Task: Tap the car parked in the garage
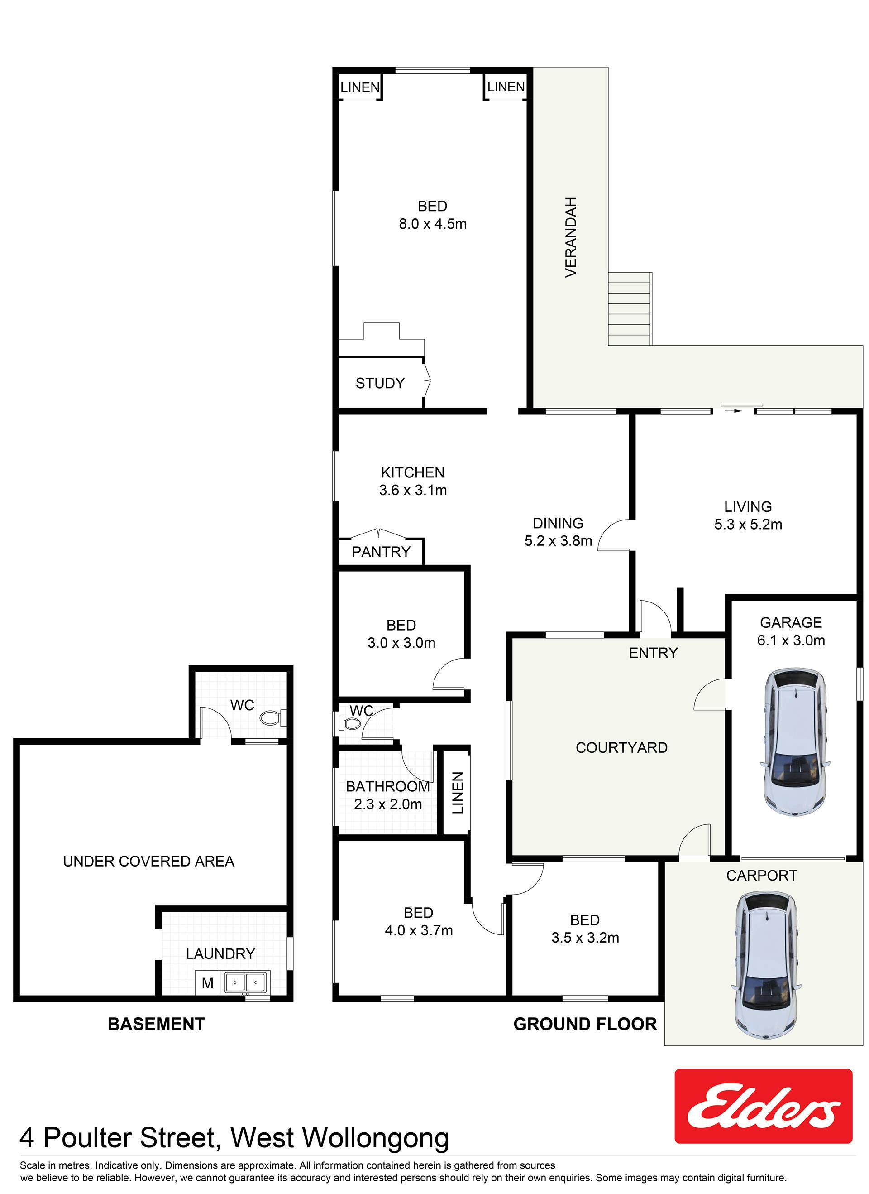[x=795, y=742]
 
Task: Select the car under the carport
[x=766, y=965]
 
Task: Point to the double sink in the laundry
[x=245, y=982]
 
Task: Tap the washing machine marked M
[x=207, y=983]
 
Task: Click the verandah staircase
[x=630, y=308]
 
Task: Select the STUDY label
[x=380, y=383]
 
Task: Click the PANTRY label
[x=381, y=551]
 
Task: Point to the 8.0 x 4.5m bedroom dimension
[x=432, y=224]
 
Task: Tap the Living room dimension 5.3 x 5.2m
[x=748, y=525]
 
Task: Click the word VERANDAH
[x=571, y=237]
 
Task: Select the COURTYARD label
[x=621, y=747]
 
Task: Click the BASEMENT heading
[x=156, y=1024]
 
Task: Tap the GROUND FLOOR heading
[x=585, y=1024]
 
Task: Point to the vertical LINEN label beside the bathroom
[x=458, y=792]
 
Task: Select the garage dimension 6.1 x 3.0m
[x=791, y=640]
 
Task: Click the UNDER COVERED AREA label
[x=148, y=861]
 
